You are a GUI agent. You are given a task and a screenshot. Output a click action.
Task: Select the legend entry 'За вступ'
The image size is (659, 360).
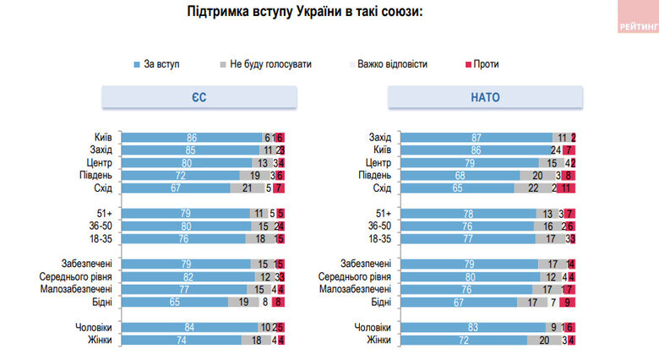point(161,64)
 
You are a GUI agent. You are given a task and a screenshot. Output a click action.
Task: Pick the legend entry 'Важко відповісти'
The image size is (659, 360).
point(391,64)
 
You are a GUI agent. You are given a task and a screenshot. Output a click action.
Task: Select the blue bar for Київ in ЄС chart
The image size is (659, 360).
point(192,137)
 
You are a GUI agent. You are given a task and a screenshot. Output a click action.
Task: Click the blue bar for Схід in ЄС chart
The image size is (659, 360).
point(177,188)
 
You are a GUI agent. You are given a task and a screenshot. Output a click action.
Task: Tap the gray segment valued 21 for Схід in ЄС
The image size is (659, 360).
point(247,188)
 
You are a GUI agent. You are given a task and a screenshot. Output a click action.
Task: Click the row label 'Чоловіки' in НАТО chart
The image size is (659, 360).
point(373,327)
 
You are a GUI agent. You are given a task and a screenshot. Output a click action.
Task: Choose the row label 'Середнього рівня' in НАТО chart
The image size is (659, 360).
point(356,276)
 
